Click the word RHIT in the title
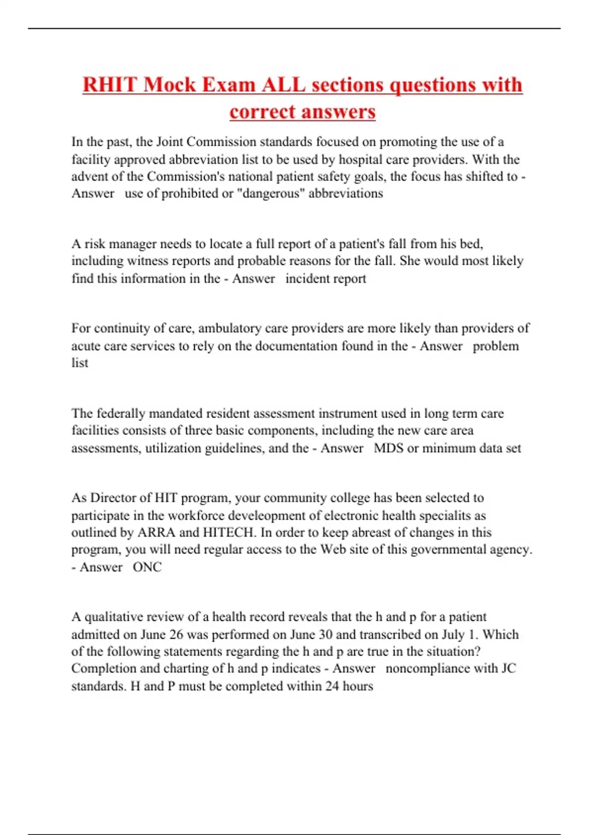110,85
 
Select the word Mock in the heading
169,85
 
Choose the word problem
495,346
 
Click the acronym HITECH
230,532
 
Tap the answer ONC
147,567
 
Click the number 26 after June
176,634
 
